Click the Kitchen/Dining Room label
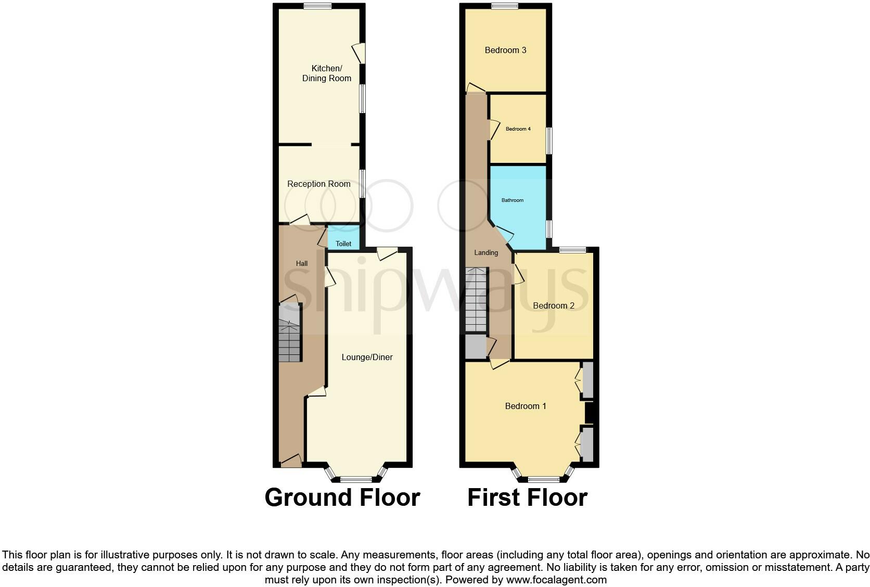click(327, 73)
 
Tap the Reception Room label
click(319, 184)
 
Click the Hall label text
click(302, 263)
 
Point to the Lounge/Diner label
click(367, 357)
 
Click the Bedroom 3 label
click(505, 50)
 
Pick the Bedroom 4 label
click(518, 129)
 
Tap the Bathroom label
click(513, 200)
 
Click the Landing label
click(486, 252)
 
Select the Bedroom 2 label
click(554, 305)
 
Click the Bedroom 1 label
click(526, 406)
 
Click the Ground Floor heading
click(342, 497)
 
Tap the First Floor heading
click(527, 497)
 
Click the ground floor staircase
click(290, 333)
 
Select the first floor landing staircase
click(476, 300)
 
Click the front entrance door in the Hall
click(291, 461)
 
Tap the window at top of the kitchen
click(318, 6)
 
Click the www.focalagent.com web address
click(556, 579)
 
